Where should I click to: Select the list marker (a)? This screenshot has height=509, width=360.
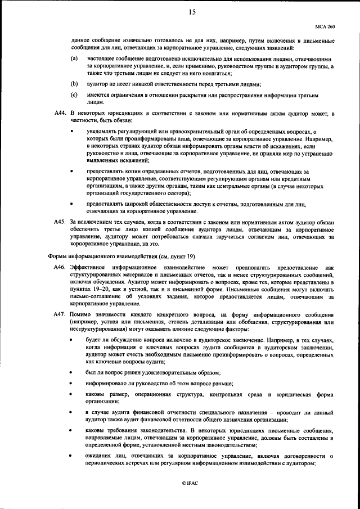(x=74, y=59)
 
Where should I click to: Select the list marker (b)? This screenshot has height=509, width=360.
(x=74, y=84)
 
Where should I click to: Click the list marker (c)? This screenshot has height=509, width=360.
(x=74, y=95)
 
